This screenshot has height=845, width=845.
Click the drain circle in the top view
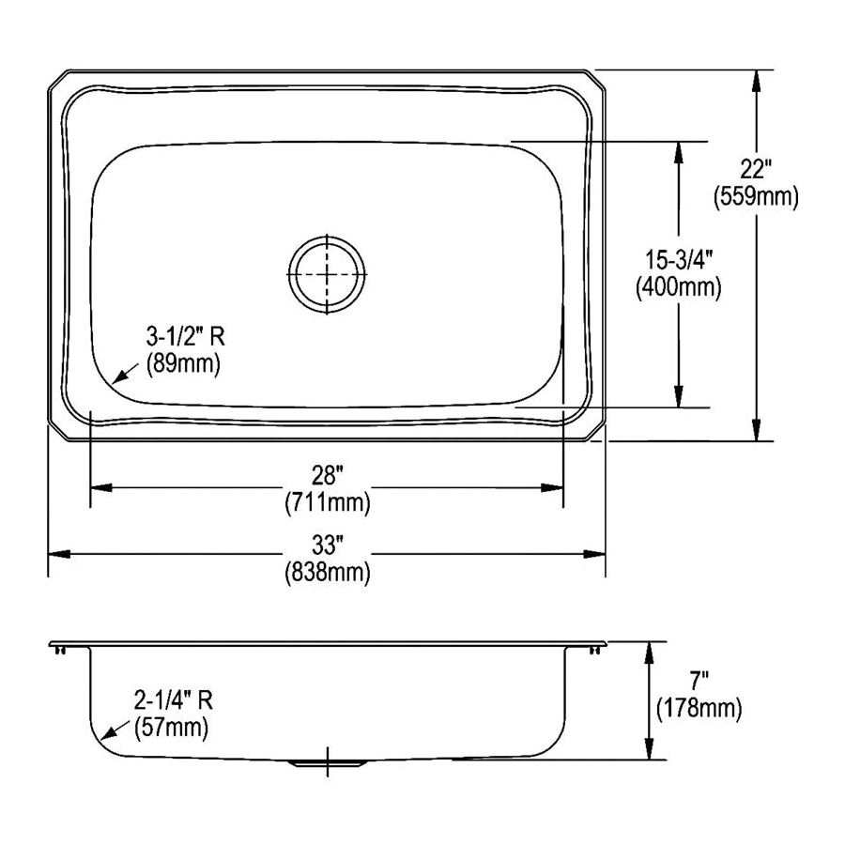click(x=326, y=273)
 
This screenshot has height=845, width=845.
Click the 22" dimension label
click(x=755, y=170)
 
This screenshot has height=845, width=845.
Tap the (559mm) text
click(x=755, y=196)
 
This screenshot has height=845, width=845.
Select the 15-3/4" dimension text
click(x=678, y=261)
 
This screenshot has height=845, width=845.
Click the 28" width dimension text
click(x=327, y=476)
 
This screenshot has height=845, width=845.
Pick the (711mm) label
click(x=327, y=503)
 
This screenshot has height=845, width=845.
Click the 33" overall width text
click(x=327, y=544)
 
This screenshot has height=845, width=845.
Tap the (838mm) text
click(x=327, y=571)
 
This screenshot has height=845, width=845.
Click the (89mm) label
click(x=183, y=364)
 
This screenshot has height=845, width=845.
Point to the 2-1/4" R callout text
click(x=173, y=699)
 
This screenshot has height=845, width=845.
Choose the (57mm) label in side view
click(x=171, y=726)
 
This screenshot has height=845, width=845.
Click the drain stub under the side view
click(x=326, y=763)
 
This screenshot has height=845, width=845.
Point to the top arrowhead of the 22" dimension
click(x=755, y=79)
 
